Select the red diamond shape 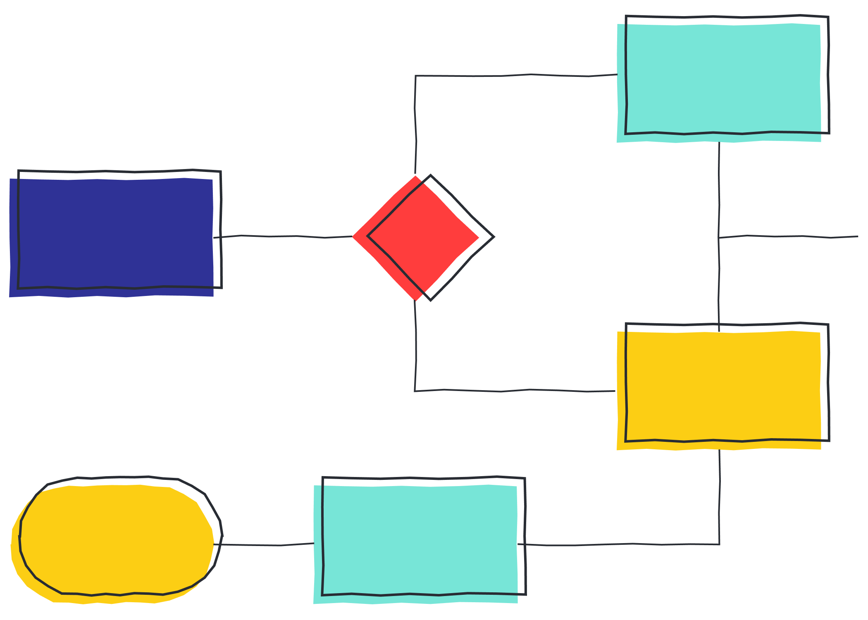click(417, 238)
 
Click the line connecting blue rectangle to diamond click(285, 236)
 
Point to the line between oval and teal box click(265, 545)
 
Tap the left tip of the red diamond click(353, 237)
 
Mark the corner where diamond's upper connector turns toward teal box click(415, 76)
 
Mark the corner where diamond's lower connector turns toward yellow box click(415, 391)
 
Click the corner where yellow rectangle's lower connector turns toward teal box click(720, 544)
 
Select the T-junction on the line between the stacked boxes click(719, 238)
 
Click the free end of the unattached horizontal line click(858, 236)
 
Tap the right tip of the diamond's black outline click(494, 237)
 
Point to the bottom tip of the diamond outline click(430, 300)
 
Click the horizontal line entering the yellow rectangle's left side click(517, 390)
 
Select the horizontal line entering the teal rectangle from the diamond click(517, 75)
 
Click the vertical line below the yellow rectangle click(720, 496)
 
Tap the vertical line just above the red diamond click(415, 124)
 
